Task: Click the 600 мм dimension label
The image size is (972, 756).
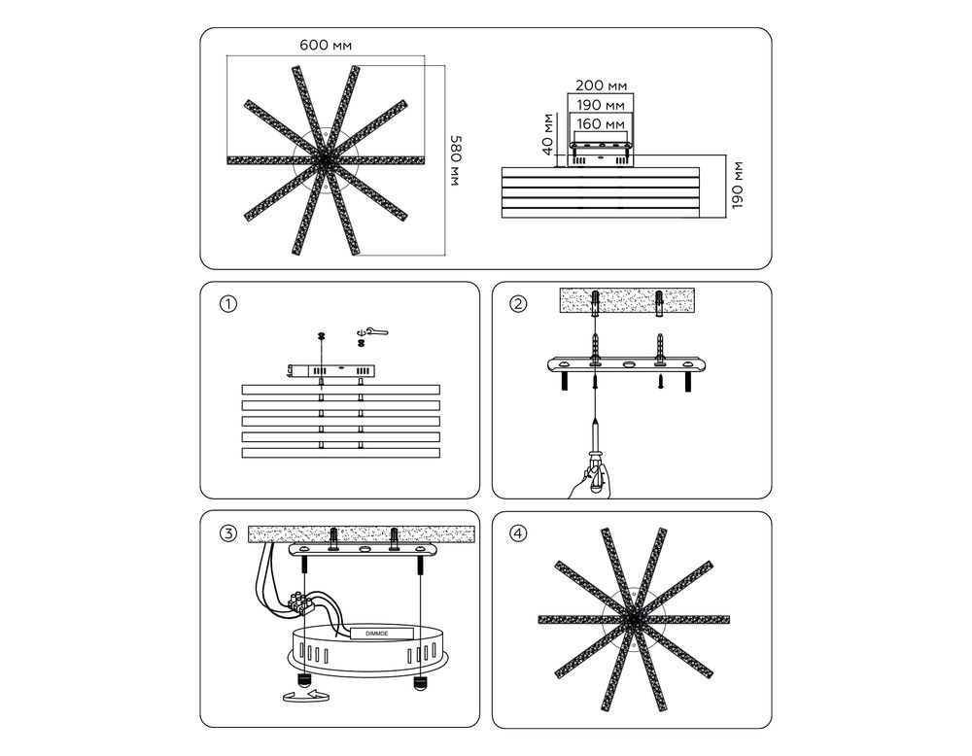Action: coord(326,46)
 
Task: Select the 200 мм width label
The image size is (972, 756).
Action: coord(601,85)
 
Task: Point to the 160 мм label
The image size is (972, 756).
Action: coord(600,124)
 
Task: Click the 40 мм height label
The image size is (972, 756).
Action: coord(546,134)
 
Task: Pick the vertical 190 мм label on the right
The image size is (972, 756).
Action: coord(737,186)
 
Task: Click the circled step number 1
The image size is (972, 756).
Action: coord(228,304)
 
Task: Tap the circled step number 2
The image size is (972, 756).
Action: coord(518,304)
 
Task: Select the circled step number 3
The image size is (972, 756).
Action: coord(228,533)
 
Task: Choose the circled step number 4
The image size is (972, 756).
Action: coord(518,533)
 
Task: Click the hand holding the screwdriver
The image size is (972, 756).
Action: coord(590,480)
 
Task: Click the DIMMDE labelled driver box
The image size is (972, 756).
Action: coord(381,634)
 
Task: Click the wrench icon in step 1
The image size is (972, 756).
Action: coord(373,331)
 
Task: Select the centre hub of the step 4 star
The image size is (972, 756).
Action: coord(633,619)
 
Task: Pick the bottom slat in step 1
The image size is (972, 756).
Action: coord(340,453)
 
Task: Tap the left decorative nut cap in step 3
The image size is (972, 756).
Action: coord(303,679)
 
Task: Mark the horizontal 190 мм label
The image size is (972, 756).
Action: coord(601,105)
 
